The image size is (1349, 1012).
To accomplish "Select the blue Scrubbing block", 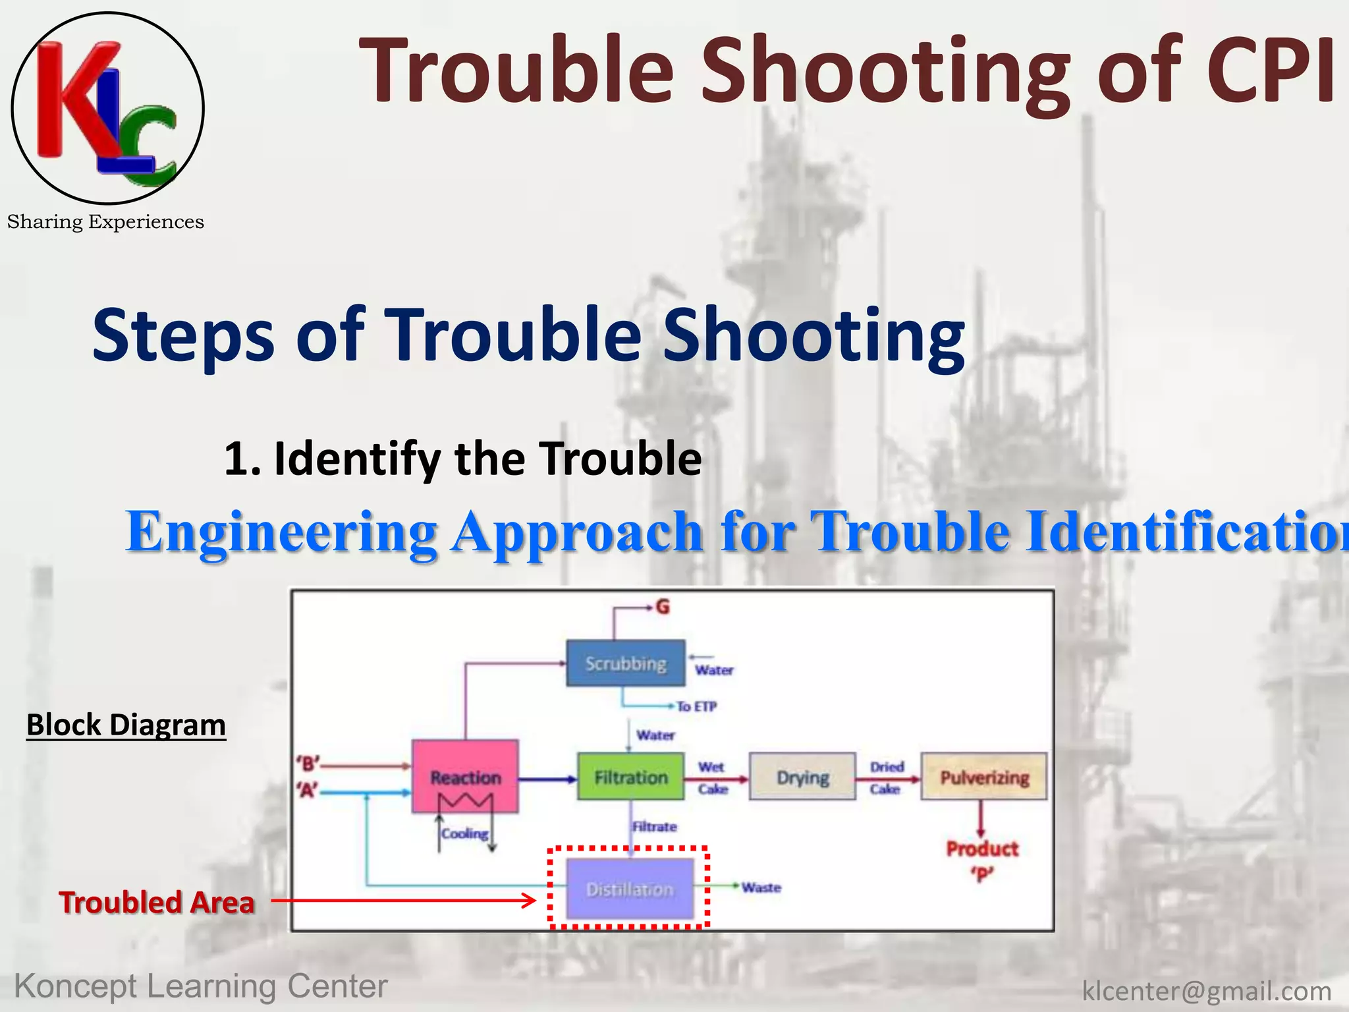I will click(x=626, y=663).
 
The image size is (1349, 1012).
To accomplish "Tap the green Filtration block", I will click(x=630, y=777).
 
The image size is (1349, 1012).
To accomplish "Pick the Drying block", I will click(x=802, y=777).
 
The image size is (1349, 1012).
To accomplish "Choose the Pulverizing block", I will click(x=984, y=777).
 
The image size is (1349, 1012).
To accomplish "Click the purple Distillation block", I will click(x=630, y=889).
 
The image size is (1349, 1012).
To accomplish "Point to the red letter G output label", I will click(x=663, y=607).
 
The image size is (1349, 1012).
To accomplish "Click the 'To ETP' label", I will click(x=696, y=706).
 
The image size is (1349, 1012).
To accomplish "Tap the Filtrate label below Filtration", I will click(x=654, y=826).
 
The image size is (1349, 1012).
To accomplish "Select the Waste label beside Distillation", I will click(x=761, y=887).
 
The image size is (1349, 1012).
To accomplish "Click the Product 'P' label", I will click(x=982, y=860).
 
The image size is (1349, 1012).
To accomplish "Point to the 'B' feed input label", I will click(x=308, y=764).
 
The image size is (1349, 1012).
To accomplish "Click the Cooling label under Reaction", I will click(x=465, y=833).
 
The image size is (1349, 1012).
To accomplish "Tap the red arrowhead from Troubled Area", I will click(x=530, y=900).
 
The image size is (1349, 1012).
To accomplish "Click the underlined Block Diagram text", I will click(x=126, y=725).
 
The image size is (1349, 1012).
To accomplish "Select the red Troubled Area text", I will click(x=156, y=902).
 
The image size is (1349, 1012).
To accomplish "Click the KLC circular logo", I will click(x=107, y=108).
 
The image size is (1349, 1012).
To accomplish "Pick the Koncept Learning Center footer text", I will click(x=201, y=986).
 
